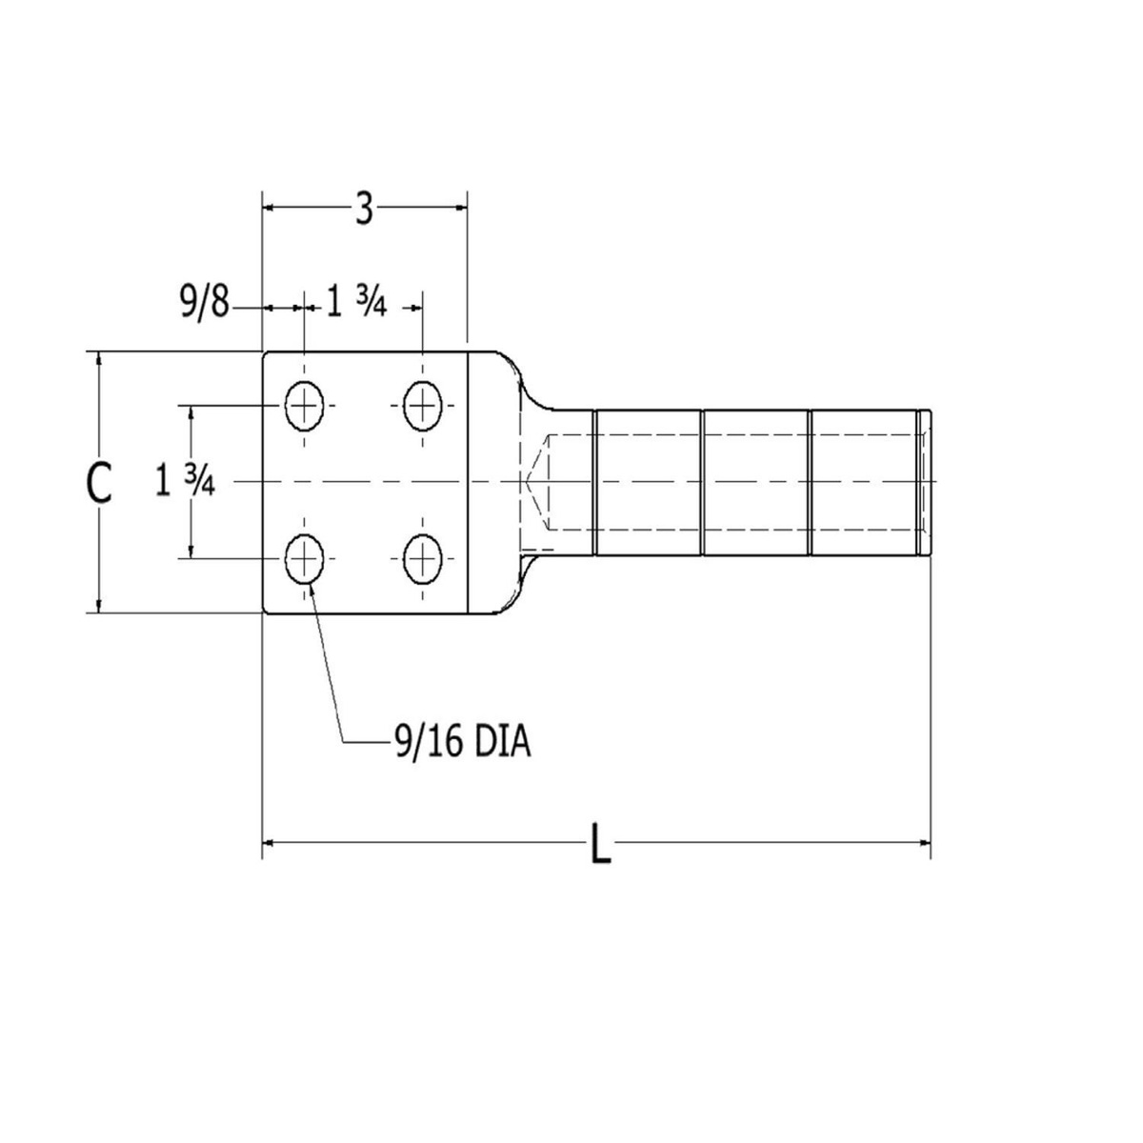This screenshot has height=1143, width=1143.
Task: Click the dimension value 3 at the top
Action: (364, 209)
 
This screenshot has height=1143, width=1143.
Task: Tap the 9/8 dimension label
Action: (204, 306)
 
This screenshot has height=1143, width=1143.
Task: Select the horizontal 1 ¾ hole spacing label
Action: (356, 306)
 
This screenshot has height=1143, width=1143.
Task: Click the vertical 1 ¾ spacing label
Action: (185, 482)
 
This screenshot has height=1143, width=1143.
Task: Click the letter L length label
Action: (600, 844)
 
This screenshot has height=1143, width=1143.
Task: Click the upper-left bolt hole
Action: (305, 407)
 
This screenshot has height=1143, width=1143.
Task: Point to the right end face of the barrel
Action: (925, 482)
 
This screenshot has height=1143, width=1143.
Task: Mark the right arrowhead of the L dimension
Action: (923, 842)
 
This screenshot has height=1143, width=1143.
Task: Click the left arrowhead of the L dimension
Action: (270, 842)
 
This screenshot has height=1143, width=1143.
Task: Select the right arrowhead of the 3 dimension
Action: (460, 205)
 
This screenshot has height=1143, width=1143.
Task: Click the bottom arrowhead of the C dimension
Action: (99, 606)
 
